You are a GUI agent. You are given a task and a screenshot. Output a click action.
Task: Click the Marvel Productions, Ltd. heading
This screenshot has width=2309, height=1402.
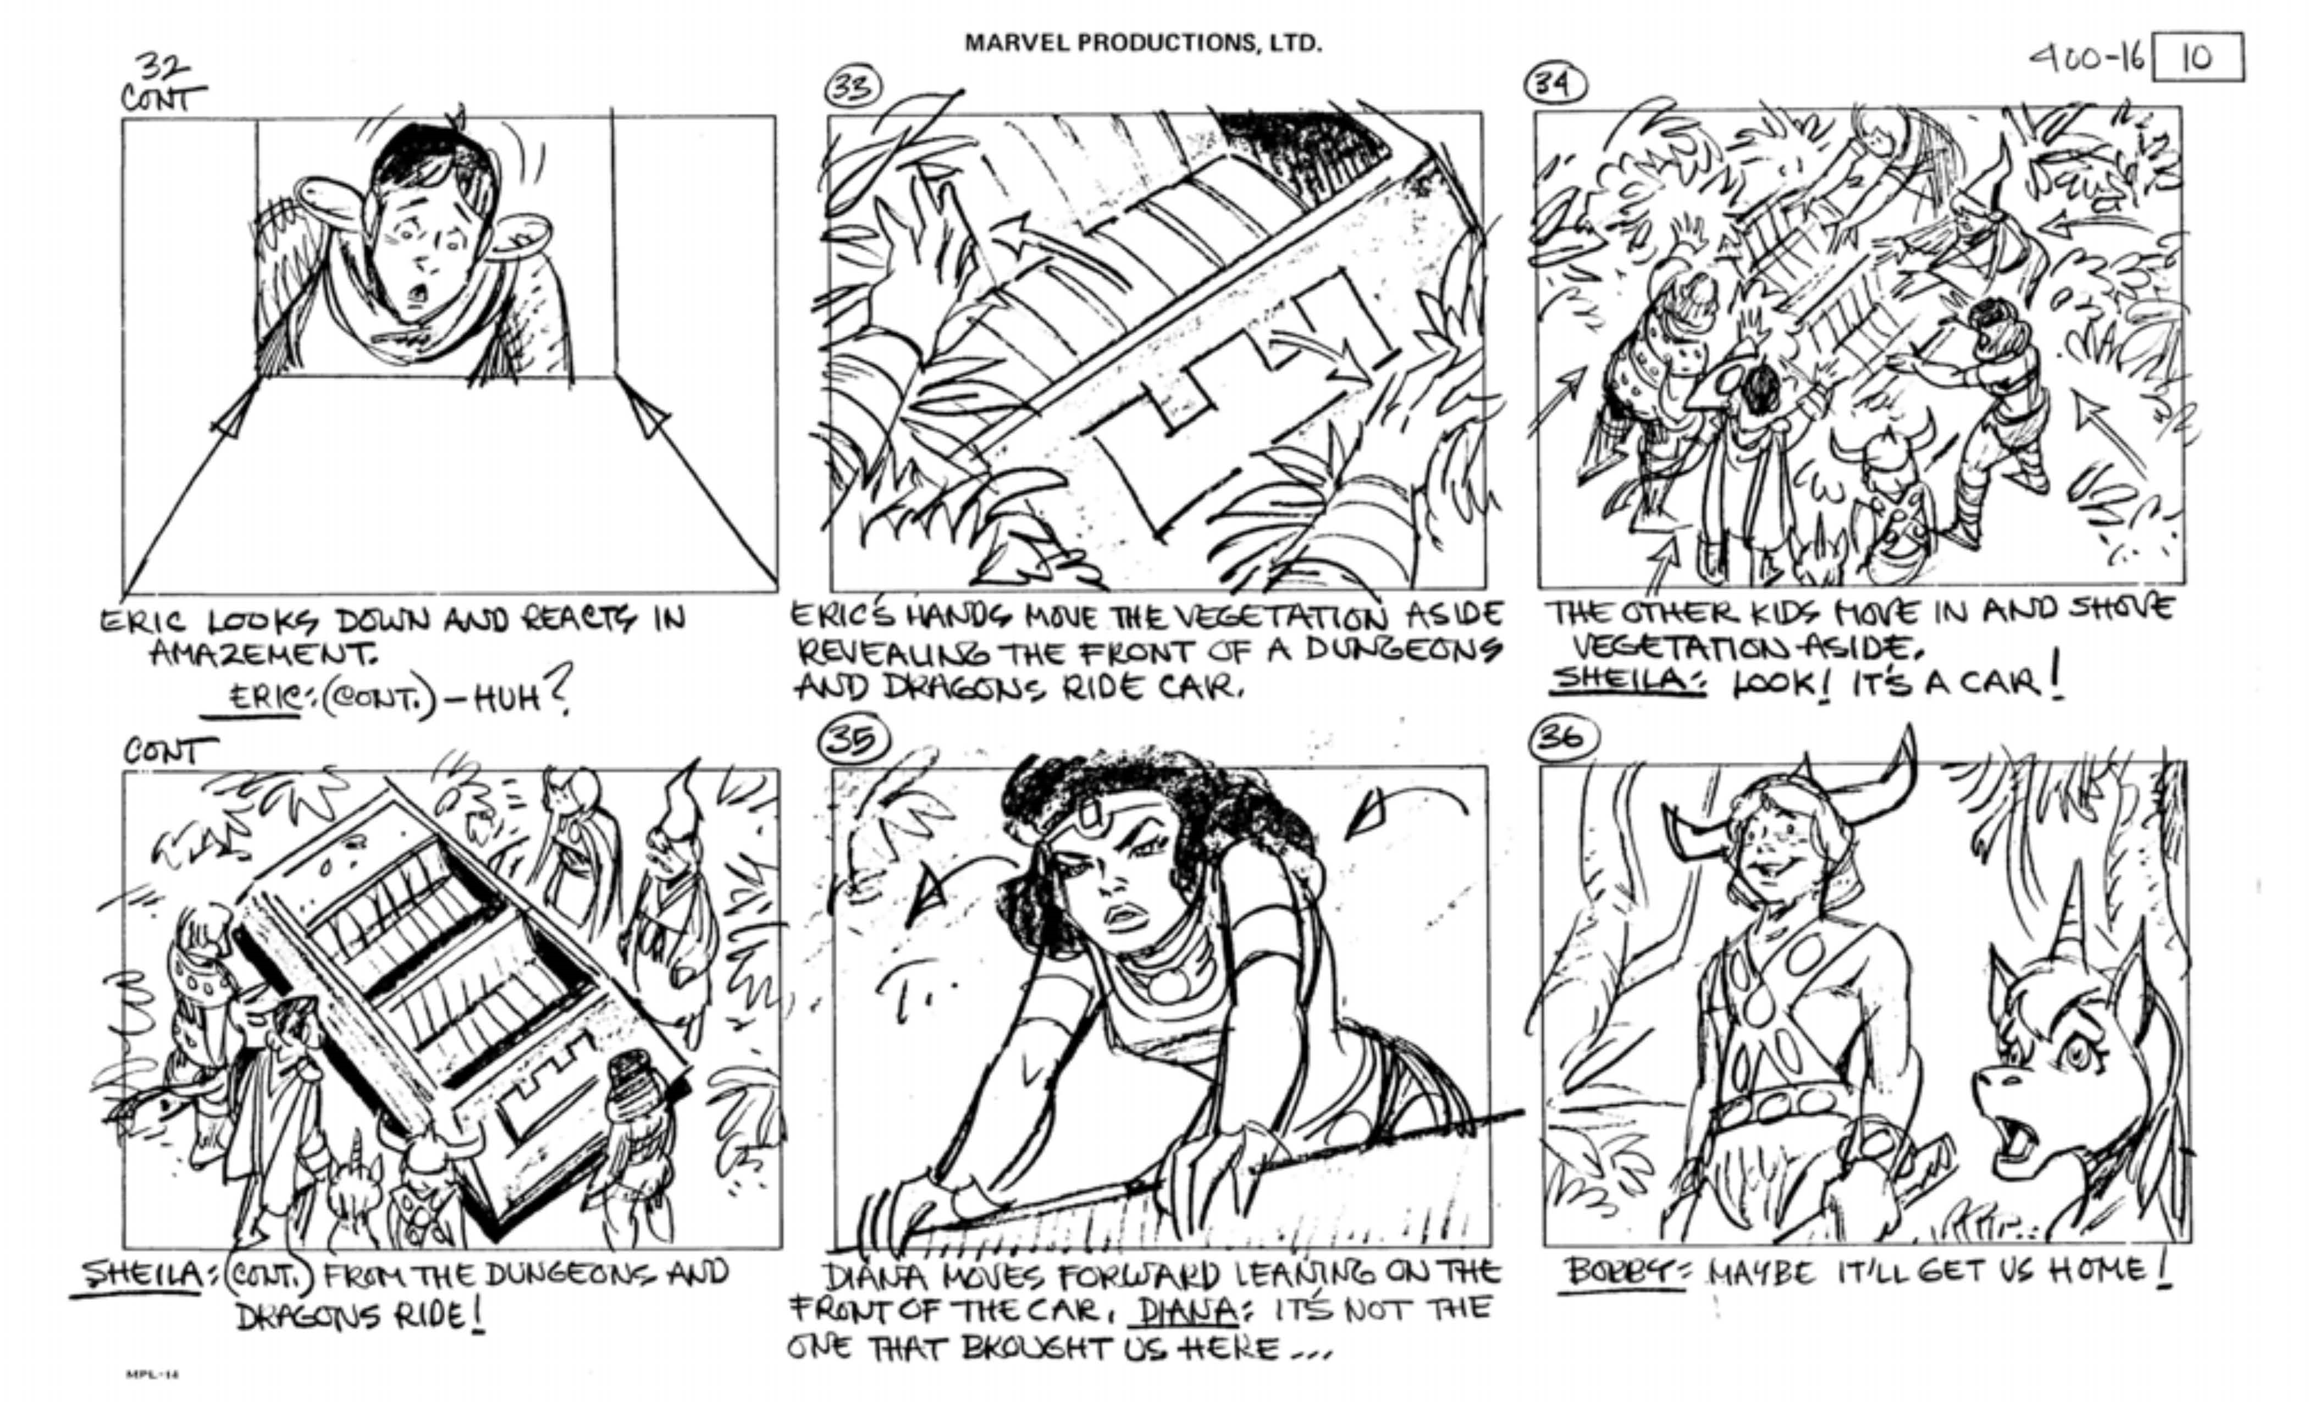1144,43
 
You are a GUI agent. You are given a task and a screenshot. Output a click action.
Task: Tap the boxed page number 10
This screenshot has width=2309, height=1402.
2197,57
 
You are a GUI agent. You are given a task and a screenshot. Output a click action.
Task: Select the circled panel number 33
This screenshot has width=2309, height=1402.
852,87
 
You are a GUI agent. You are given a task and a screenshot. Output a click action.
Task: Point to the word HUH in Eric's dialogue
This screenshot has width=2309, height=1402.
507,698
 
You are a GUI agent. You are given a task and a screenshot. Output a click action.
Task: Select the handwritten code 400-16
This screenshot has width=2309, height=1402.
2089,58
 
